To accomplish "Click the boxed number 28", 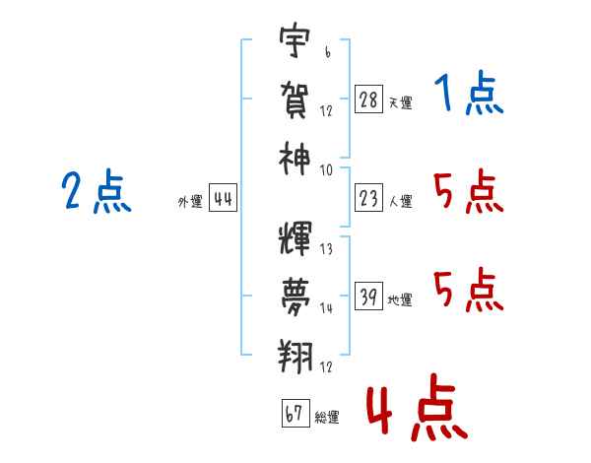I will point(367,99).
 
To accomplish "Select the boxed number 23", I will point(367,199).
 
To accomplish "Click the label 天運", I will point(400,102).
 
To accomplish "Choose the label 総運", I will point(327,418).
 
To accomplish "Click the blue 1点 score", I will point(468,95).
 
